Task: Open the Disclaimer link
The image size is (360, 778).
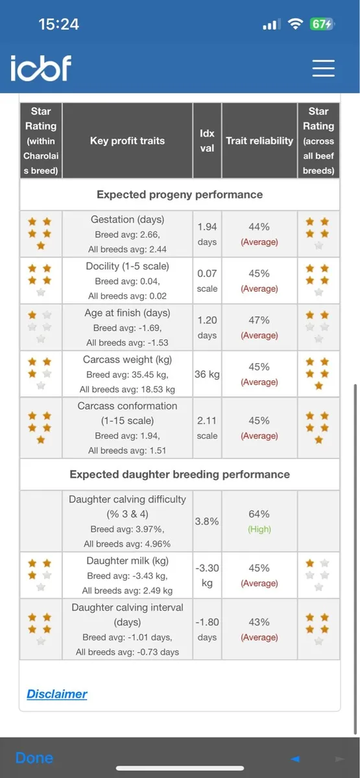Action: point(57,694)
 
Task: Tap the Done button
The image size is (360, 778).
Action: point(34,758)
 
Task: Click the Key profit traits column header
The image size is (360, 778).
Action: point(127,140)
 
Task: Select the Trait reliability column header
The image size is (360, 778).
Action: point(259,140)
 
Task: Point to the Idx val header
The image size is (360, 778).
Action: point(207,140)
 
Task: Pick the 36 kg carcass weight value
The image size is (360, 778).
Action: point(207,374)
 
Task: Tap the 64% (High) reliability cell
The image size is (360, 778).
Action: point(259,521)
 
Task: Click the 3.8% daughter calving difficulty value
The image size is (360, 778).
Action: point(207,521)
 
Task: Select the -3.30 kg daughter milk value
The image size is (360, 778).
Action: point(207,575)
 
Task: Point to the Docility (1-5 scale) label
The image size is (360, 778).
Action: point(127,266)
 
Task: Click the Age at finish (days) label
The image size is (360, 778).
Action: point(127,312)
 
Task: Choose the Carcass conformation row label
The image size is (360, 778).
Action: point(127,407)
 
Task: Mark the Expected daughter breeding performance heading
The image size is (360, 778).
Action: point(180,475)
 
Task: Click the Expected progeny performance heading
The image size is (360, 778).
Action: point(180,194)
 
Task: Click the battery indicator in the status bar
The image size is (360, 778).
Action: point(322,25)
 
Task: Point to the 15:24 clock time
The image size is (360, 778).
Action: point(58,25)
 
